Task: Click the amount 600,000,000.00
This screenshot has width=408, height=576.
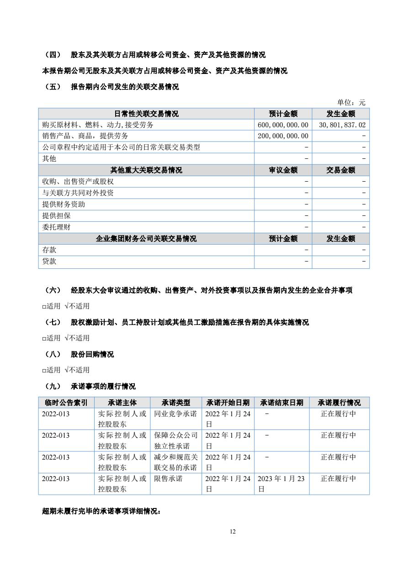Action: point(283,125)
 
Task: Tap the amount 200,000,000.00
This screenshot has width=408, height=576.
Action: point(283,136)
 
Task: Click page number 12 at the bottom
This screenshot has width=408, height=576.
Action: point(233,531)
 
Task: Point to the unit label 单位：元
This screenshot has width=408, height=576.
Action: point(351,103)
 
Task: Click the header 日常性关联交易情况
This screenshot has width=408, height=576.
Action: point(146,114)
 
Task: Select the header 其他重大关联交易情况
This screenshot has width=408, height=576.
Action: point(146,170)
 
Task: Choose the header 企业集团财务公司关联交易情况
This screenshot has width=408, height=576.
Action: point(146,239)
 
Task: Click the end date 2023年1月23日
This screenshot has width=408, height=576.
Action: point(281,484)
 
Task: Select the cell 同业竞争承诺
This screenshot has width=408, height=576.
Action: point(175,414)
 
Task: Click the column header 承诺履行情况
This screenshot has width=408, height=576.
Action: point(339,403)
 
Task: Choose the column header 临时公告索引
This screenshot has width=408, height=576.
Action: point(66,403)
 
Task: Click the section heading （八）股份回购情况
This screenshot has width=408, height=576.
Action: point(80,354)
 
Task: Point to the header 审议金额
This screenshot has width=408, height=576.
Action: point(283,170)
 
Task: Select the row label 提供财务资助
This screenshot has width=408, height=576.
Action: point(64,204)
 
